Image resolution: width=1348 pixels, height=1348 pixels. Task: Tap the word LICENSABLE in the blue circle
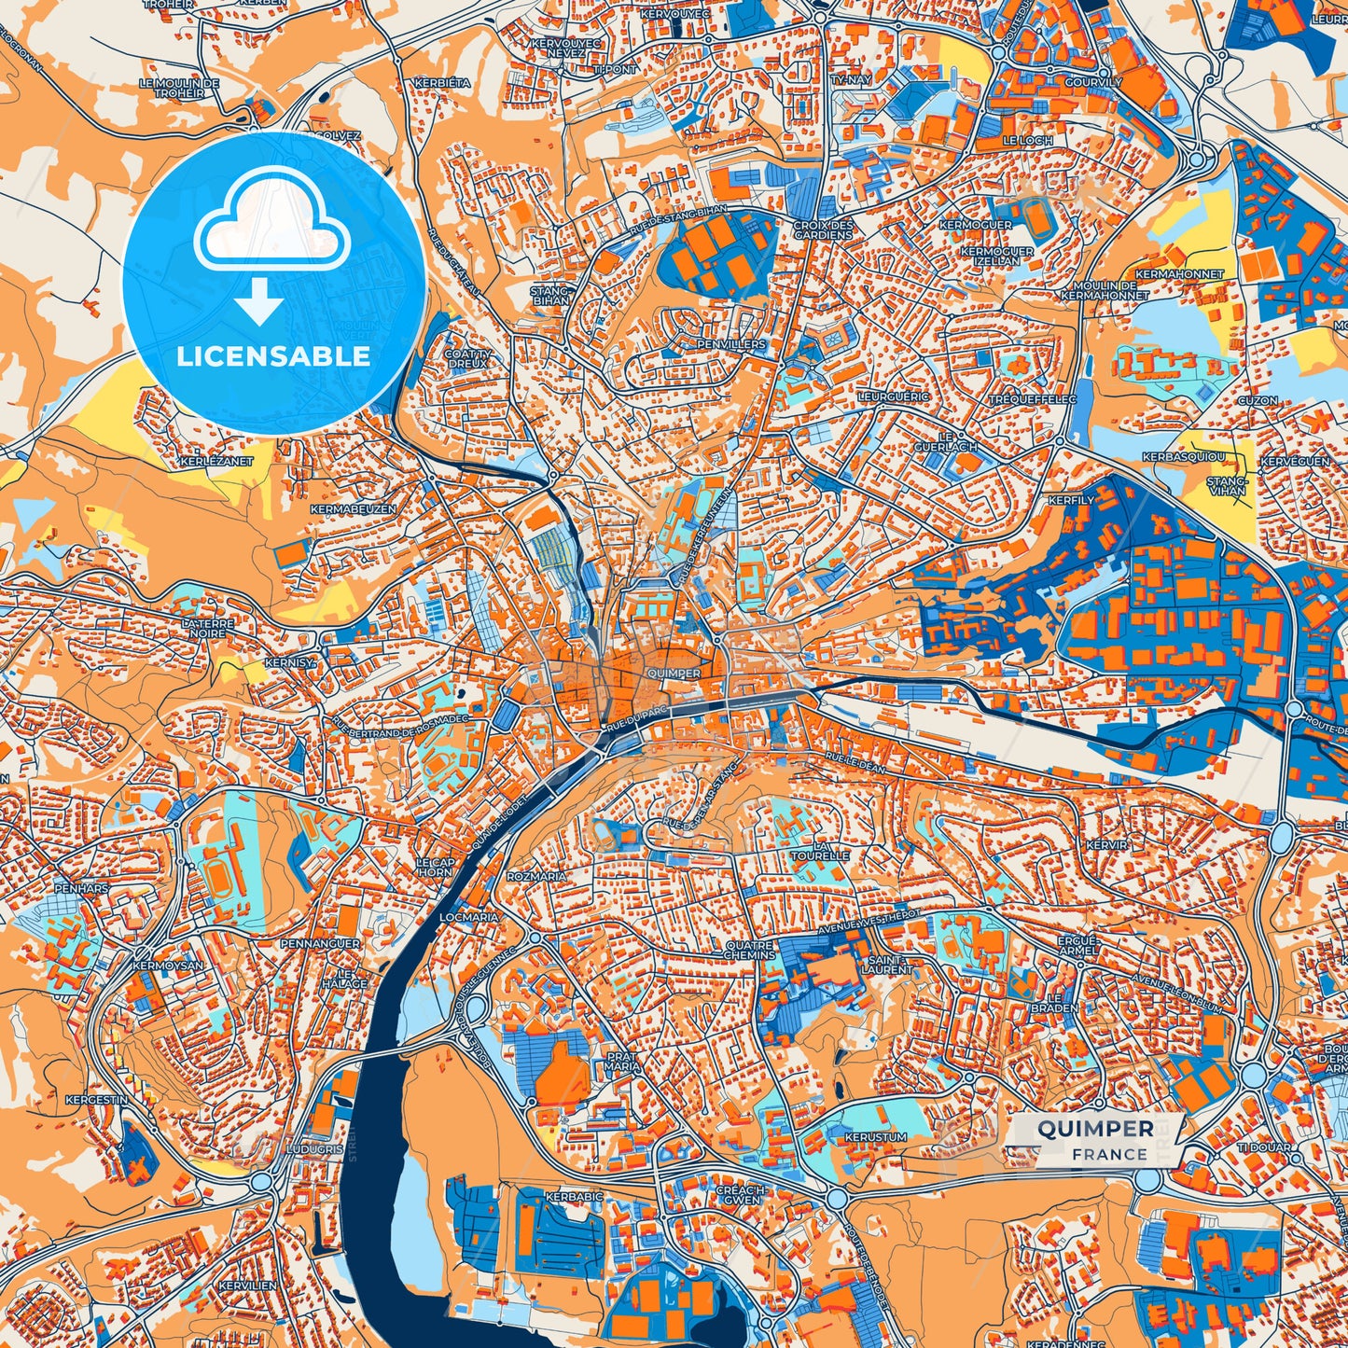[x=273, y=356]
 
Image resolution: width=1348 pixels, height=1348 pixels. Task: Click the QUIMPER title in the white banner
[x=1095, y=1129]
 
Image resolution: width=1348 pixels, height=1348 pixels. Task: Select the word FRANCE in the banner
[x=1109, y=1155]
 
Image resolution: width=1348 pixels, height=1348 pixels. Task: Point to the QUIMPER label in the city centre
[x=672, y=673]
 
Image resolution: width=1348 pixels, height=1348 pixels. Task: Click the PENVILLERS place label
[x=730, y=344]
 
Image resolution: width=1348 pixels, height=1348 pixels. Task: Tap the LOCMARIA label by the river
[x=468, y=917]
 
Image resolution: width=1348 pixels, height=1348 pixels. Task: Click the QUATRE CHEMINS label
[x=750, y=950]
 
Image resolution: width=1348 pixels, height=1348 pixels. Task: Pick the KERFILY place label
[x=1070, y=501]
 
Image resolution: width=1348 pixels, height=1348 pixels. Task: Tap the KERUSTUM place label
[x=875, y=1138]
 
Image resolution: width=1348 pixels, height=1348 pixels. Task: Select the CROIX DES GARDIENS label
[x=823, y=229]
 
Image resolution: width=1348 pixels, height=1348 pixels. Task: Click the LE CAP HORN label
[x=435, y=867]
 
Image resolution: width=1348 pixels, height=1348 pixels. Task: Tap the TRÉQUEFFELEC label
[x=1033, y=399]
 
